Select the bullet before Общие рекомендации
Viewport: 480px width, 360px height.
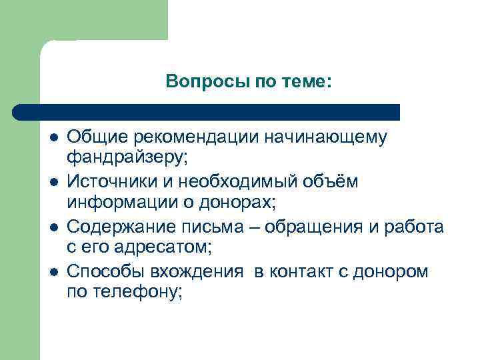pyautogui.click(x=54, y=138)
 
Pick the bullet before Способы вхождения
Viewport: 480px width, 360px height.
pyautogui.click(x=54, y=272)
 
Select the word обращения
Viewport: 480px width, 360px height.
pyautogui.click(x=314, y=227)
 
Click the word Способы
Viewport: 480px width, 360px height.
pyautogui.click(x=107, y=271)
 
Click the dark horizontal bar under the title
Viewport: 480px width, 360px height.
pyautogui.click(x=207, y=112)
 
